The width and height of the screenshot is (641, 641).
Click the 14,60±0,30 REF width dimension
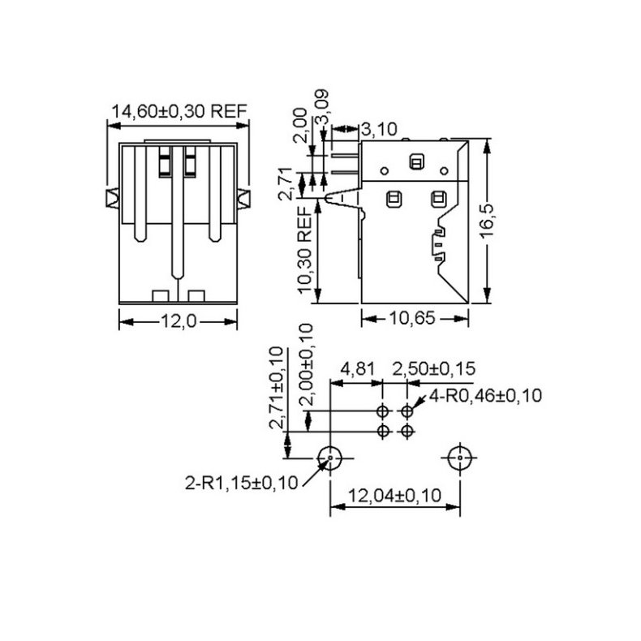pyautogui.click(x=179, y=112)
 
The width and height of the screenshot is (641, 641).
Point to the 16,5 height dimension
pyautogui.click(x=486, y=222)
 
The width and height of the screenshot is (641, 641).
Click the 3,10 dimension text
pyautogui.click(x=377, y=128)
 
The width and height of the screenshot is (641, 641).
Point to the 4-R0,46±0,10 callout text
pyautogui.click(x=484, y=396)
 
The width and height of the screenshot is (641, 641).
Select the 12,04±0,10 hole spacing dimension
pyautogui.click(x=395, y=494)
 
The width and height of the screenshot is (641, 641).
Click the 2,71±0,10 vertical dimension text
pyautogui.click(x=277, y=387)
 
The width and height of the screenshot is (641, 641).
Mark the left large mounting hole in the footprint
pyautogui.click(x=329, y=458)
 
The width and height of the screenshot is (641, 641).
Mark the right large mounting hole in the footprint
pyautogui.click(x=460, y=458)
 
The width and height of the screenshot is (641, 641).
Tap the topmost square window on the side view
pyautogui.click(x=416, y=161)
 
